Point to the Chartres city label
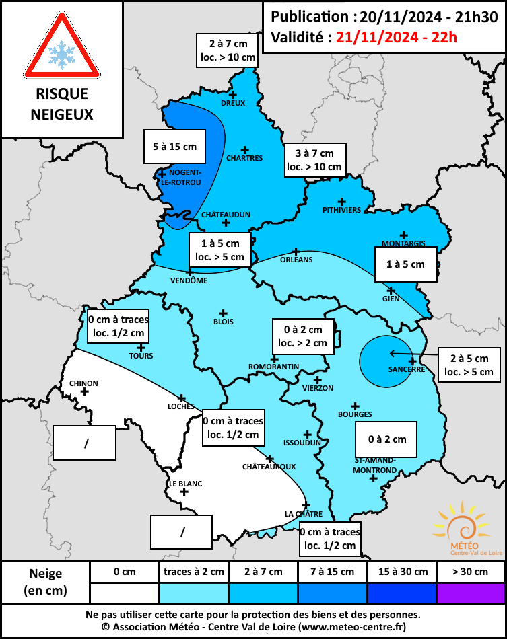click(245, 158)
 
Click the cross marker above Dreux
click(234, 94)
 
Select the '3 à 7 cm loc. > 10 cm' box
click(314, 159)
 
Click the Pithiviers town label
click(342, 210)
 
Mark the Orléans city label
click(296, 259)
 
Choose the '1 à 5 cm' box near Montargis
click(405, 264)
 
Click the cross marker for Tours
click(141, 347)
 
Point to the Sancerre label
click(406, 369)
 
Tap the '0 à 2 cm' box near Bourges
click(386, 439)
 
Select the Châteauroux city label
click(269, 466)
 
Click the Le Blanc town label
click(185, 483)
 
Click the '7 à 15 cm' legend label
click(333, 572)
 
